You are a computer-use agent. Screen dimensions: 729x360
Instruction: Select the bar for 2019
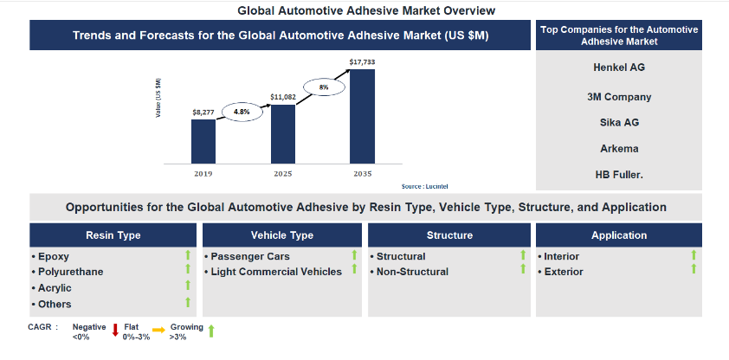coord(203,142)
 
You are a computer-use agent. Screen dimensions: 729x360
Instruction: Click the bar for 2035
coord(362,117)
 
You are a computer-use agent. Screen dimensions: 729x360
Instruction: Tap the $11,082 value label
coord(282,97)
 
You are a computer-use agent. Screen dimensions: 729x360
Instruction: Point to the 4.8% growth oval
coord(242,112)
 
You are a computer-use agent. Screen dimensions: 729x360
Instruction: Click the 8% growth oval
coord(324,87)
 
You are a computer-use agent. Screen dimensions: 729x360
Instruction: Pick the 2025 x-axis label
coord(282,174)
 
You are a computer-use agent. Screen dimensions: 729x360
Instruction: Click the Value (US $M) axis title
coord(158,98)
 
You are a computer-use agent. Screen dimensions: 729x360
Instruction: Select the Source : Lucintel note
coord(424,186)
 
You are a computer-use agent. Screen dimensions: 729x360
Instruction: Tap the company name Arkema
coord(619,149)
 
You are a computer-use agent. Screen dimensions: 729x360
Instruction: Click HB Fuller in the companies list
coord(619,175)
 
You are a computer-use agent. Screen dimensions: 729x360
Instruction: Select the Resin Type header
coord(113,235)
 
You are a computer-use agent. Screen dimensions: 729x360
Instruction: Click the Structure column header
coord(449,235)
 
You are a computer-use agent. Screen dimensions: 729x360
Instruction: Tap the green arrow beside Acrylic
coord(188,285)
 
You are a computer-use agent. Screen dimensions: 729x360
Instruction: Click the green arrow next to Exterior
coord(694,268)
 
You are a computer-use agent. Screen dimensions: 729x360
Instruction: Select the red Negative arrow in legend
coord(115,331)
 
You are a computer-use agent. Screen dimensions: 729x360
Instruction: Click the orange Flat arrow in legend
coord(158,330)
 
